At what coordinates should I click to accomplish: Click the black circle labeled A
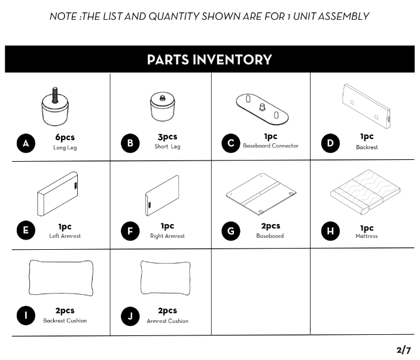click(26, 143)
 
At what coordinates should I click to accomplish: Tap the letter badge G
click(231, 231)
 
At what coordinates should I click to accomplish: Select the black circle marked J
click(130, 316)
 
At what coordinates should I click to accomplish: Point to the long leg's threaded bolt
click(55, 95)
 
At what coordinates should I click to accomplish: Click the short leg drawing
click(163, 107)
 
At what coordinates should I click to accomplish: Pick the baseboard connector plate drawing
click(262, 109)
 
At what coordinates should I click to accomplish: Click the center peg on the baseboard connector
click(262, 107)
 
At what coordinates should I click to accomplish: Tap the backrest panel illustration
click(366, 105)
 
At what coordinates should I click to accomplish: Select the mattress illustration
click(365, 192)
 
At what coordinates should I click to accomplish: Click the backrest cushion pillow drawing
click(61, 278)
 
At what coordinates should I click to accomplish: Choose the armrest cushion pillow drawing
click(166, 278)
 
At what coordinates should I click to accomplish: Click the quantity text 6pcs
click(65, 137)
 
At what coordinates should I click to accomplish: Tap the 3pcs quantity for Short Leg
click(168, 137)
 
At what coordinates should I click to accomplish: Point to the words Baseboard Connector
click(270, 146)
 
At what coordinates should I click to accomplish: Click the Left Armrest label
click(65, 236)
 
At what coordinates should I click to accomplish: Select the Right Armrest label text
click(168, 236)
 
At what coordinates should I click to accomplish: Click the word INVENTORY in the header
click(232, 59)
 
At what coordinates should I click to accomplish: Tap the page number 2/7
click(403, 350)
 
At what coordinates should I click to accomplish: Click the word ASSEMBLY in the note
click(343, 16)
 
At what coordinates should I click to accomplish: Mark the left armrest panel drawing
click(57, 193)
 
